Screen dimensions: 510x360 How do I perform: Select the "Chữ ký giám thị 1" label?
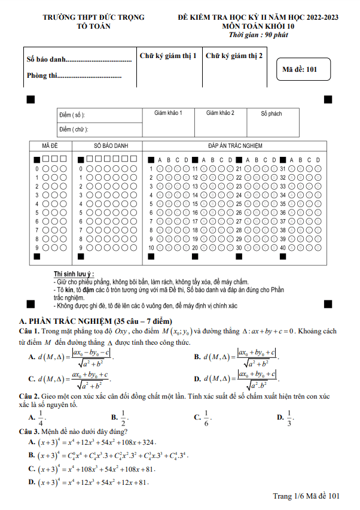click(x=168, y=56)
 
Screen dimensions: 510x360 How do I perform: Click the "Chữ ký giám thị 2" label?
click(x=234, y=56)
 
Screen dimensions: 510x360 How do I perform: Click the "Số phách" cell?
click(x=271, y=113)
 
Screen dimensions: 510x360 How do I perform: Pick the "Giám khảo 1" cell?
click(x=168, y=113)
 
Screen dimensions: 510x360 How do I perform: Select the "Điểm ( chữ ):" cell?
click(x=74, y=129)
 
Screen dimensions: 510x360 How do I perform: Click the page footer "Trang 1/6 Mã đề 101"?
click(x=306, y=496)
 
